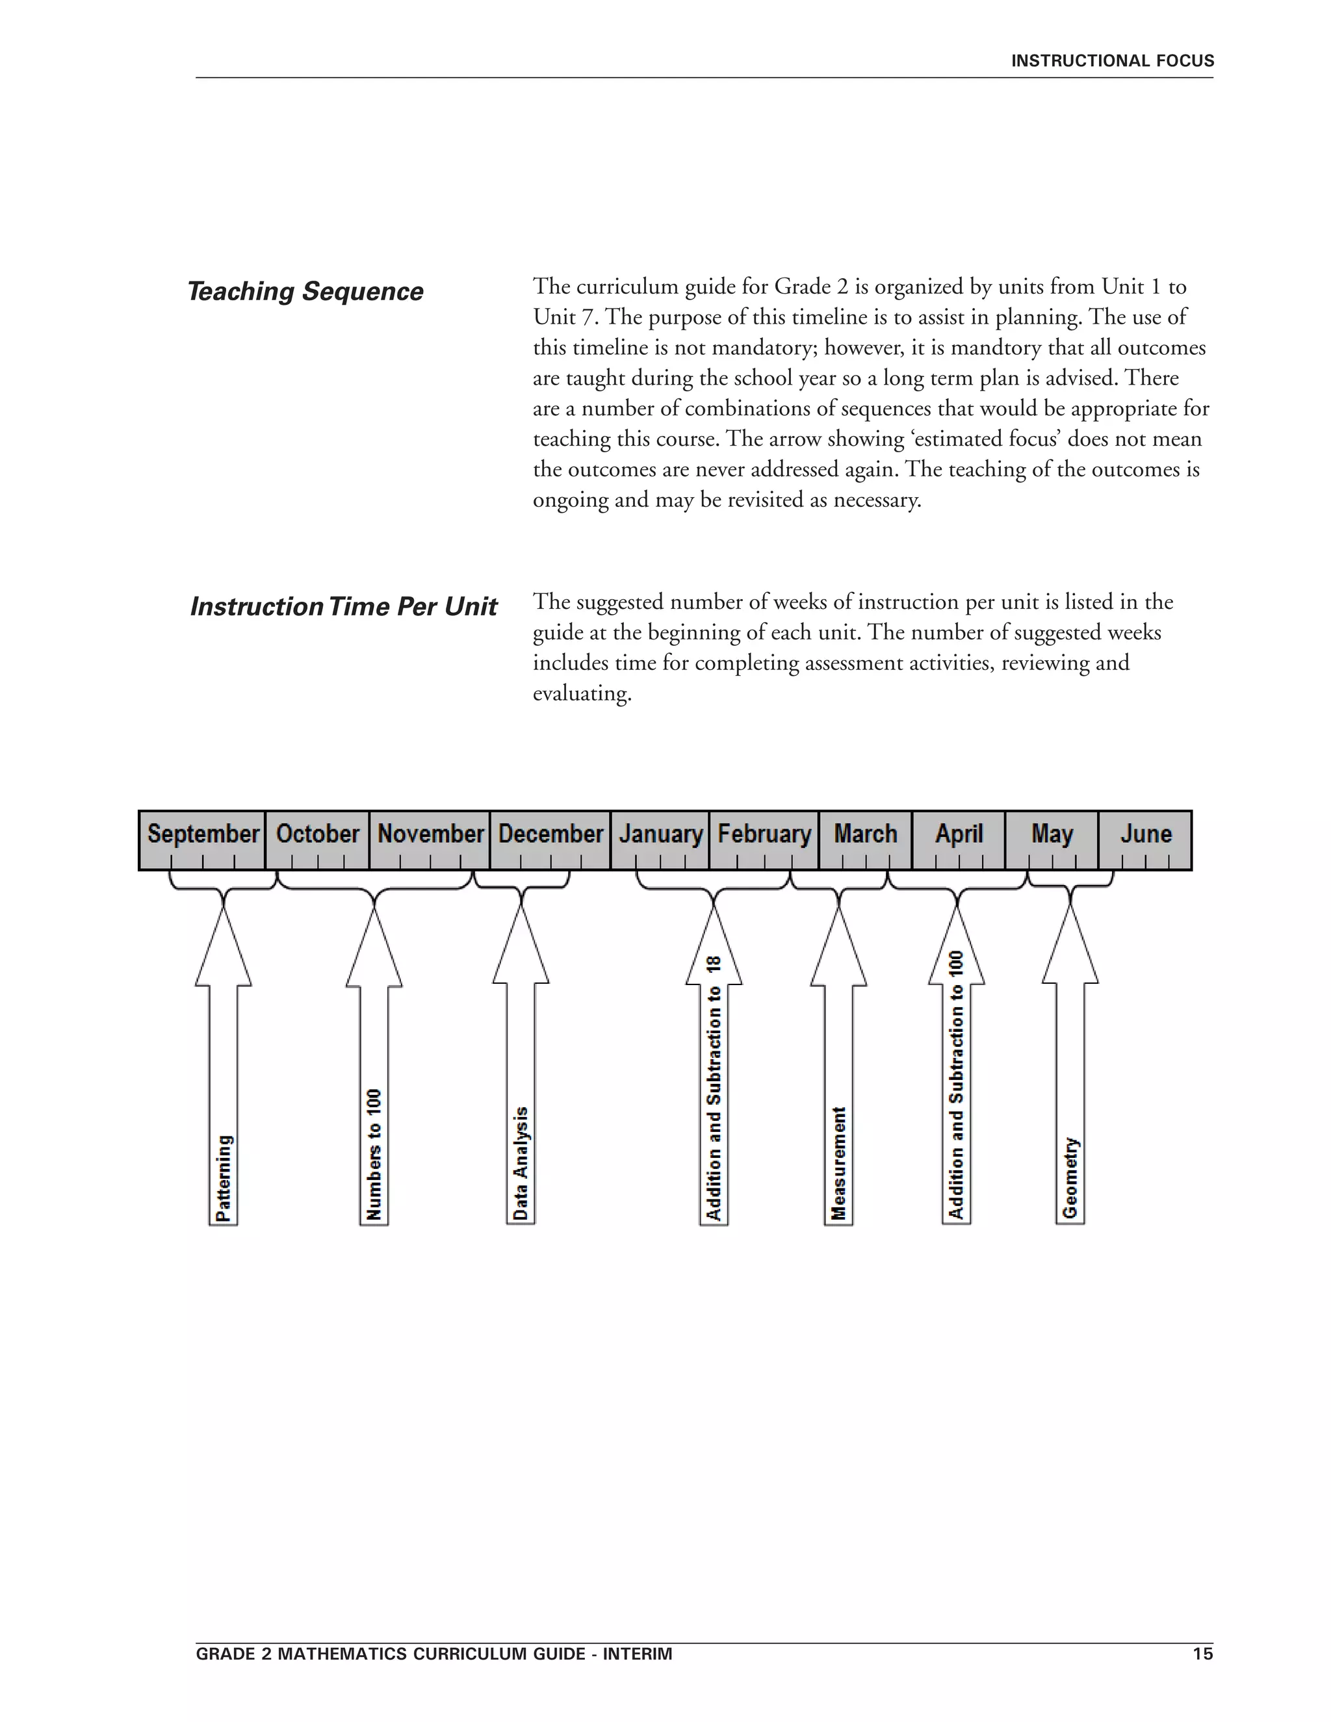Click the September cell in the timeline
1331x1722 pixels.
203,834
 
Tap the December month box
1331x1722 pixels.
550,834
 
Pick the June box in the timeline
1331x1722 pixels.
1145,834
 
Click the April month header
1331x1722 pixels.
959,834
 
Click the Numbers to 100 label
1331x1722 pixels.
374,1154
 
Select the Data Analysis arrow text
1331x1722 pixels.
521,1163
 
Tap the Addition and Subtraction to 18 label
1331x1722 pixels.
714,1088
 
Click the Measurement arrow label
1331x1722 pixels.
838,1163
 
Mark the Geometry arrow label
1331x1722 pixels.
1070,1178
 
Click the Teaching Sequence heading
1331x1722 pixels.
305,291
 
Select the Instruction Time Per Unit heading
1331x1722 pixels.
344,606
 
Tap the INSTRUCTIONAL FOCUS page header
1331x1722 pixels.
1112,60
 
